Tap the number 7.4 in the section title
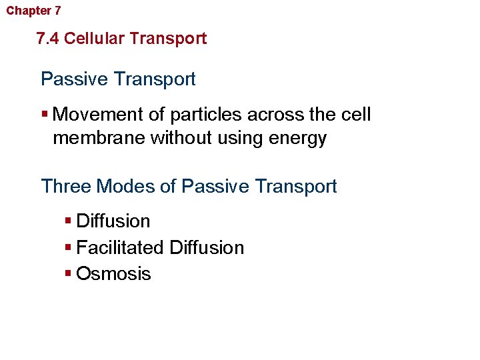(48, 39)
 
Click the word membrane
(99, 139)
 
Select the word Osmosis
(114, 274)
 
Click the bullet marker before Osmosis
(69, 273)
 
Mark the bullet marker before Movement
(44, 114)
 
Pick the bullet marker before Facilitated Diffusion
(69, 247)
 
